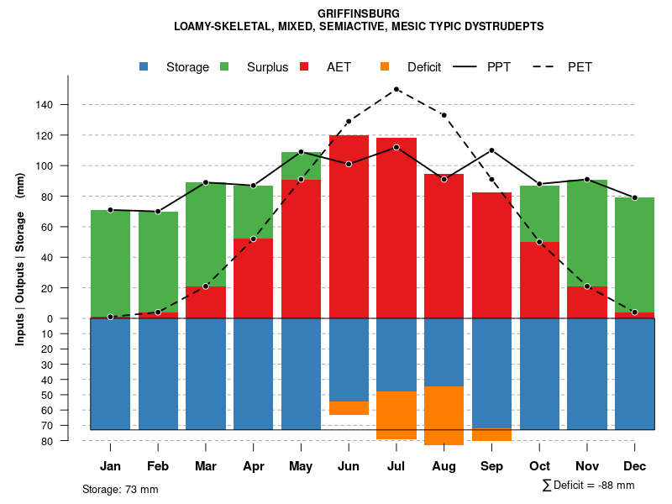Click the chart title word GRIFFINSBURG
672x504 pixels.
tap(359, 13)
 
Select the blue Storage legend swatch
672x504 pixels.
tap(144, 66)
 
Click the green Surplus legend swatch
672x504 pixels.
tap(225, 66)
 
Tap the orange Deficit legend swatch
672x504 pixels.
tap(385, 66)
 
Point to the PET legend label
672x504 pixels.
tap(580, 67)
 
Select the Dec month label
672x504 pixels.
tap(635, 466)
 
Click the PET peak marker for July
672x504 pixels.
tap(396, 89)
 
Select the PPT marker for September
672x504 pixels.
tap(492, 150)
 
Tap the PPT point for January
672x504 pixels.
tap(110, 210)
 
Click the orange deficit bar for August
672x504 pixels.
tap(444, 416)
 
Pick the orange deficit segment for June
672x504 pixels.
tap(349, 408)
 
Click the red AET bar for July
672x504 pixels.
tap(396, 227)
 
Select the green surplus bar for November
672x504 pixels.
tap(587, 233)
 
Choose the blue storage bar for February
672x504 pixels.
tap(158, 374)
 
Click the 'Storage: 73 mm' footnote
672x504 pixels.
tap(120, 489)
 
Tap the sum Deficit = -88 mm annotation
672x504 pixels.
tap(588, 486)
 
